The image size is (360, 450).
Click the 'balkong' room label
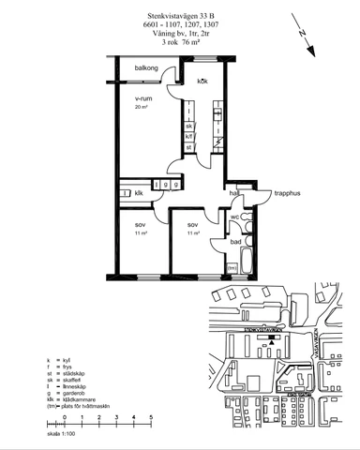tap(145, 68)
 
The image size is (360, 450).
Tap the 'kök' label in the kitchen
tap(202, 82)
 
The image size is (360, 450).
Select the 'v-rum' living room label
tap(143, 97)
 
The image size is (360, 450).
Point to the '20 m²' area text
tap(142, 108)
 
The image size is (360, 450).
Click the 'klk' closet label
tap(139, 193)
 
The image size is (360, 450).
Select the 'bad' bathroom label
tap(235, 243)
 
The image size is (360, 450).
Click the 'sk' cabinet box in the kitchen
tap(188, 126)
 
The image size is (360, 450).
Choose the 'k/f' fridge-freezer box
tap(188, 136)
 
